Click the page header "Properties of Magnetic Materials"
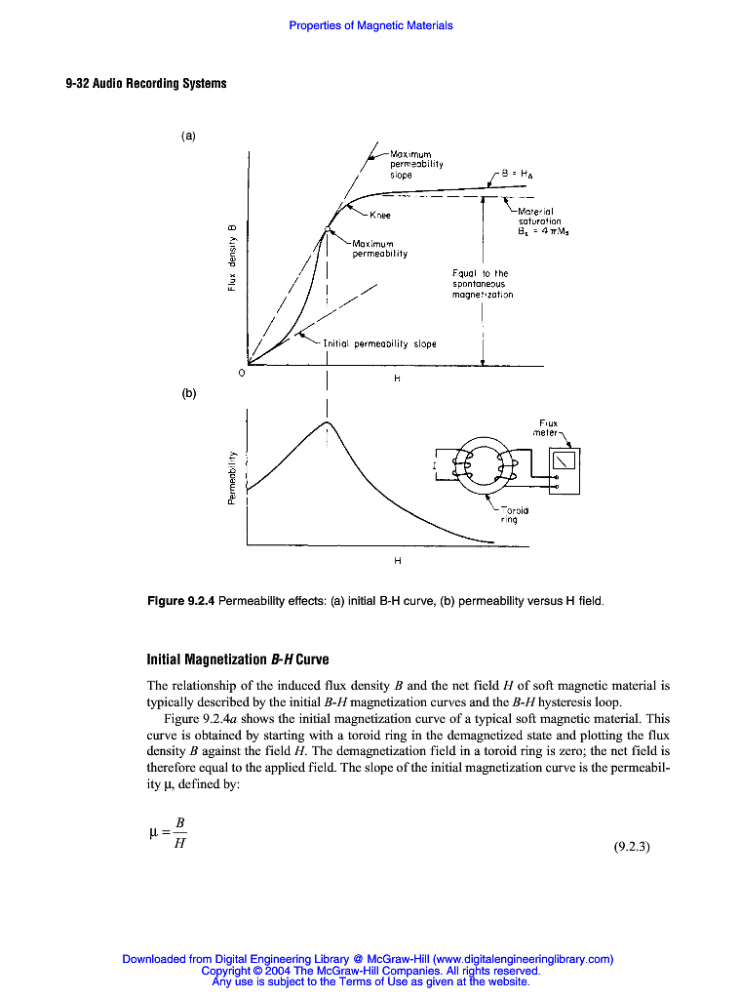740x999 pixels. (370, 25)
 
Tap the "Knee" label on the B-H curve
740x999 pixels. (379, 215)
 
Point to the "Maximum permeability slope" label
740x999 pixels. (417, 164)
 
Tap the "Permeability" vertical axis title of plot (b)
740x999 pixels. (232, 478)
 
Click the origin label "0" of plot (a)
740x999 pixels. (242, 373)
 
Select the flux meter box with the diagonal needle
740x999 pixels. (565, 459)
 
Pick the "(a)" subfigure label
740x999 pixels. (189, 136)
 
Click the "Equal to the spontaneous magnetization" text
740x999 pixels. (483, 284)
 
